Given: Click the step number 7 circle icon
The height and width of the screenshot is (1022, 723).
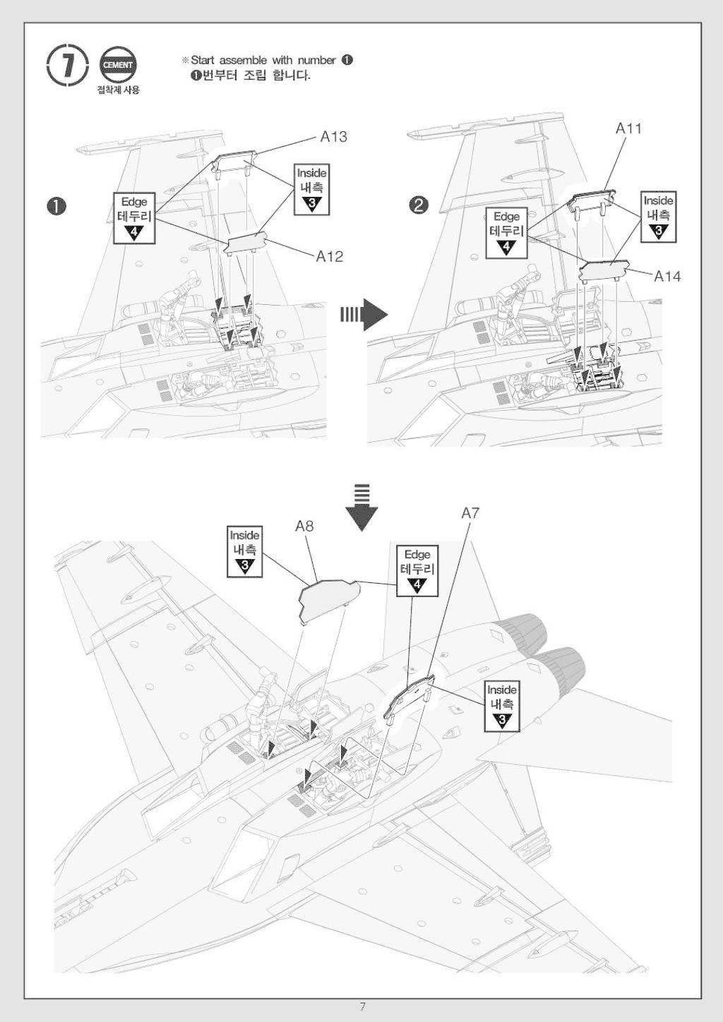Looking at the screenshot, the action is coord(68,65).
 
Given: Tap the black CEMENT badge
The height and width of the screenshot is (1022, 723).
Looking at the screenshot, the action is coord(117,65).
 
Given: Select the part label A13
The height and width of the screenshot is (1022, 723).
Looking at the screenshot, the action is coord(334,136).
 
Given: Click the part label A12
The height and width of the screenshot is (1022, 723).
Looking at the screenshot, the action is coord(330,257).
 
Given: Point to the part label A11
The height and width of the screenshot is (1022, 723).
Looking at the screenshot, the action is coord(628,128).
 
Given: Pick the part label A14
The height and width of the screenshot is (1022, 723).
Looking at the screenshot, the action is coord(667,276).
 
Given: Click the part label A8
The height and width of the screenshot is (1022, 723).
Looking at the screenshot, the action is coord(304,526).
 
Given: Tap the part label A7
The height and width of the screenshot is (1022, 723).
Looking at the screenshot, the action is coord(470,513).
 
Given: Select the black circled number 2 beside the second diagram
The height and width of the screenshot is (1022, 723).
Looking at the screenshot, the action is coord(419,206).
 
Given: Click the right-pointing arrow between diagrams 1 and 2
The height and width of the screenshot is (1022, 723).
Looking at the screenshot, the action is coord(364,314).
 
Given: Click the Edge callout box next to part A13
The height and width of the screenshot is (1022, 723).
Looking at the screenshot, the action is coord(134,217).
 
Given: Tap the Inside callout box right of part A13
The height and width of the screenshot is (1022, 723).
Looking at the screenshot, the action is coord(312,189).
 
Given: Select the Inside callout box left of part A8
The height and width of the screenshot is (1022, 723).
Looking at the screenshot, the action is coord(245,551).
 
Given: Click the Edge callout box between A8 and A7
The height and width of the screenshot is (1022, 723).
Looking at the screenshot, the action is coord(417,571).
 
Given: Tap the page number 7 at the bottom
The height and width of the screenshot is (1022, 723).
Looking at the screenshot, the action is coord(362,1006).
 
